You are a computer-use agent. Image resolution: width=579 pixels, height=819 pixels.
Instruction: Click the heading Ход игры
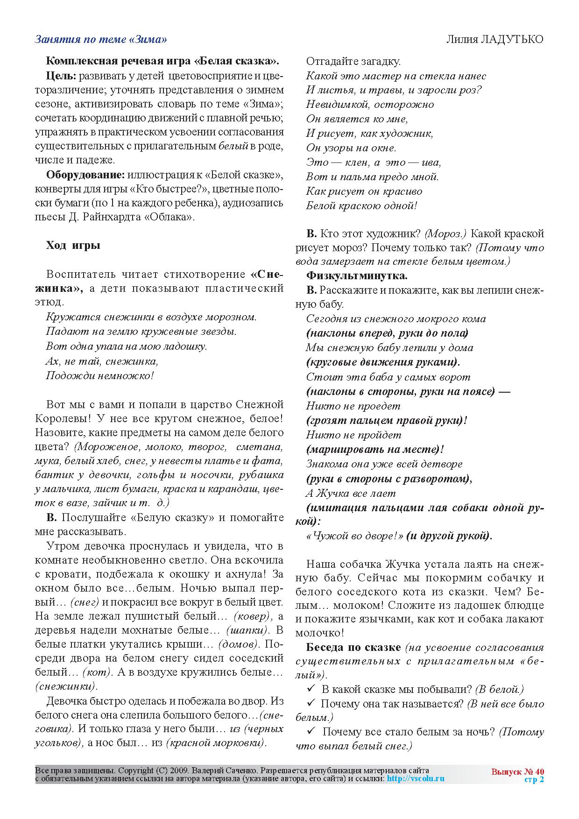click(73, 245)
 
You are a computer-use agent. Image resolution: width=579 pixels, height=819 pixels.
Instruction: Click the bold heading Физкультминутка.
click(357, 275)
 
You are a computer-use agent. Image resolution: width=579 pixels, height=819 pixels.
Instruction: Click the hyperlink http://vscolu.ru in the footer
click(416, 778)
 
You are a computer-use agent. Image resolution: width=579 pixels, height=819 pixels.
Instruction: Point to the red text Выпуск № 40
click(517, 771)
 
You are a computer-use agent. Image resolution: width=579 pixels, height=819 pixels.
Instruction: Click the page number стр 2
click(534, 779)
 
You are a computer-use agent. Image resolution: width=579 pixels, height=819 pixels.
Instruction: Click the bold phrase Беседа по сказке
click(353, 647)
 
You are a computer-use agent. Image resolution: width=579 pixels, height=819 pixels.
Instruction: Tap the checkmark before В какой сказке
click(311, 689)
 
